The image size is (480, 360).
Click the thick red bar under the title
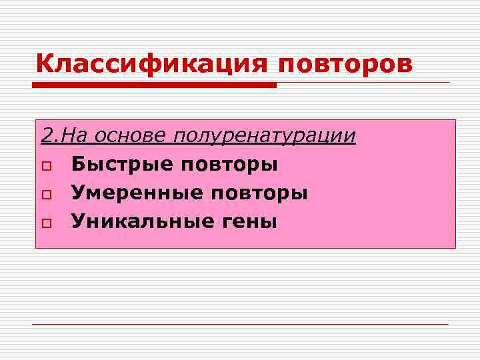pyautogui.click(x=155, y=85)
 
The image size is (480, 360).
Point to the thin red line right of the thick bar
pyautogui.click(x=363, y=83)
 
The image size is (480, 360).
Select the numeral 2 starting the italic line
pyautogui.click(x=45, y=136)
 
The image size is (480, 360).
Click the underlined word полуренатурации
pyautogui.click(x=264, y=137)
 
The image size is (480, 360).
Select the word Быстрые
pyautogui.click(x=121, y=164)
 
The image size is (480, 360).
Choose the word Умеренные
pyautogui.click(x=136, y=193)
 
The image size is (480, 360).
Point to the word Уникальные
pyautogui.click(x=144, y=221)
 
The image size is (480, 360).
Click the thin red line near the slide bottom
pyautogui.click(x=240, y=324)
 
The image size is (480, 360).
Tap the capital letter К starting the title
pyautogui.click(x=43, y=64)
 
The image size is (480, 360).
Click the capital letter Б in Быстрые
pyautogui.click(x=77, y=164)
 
